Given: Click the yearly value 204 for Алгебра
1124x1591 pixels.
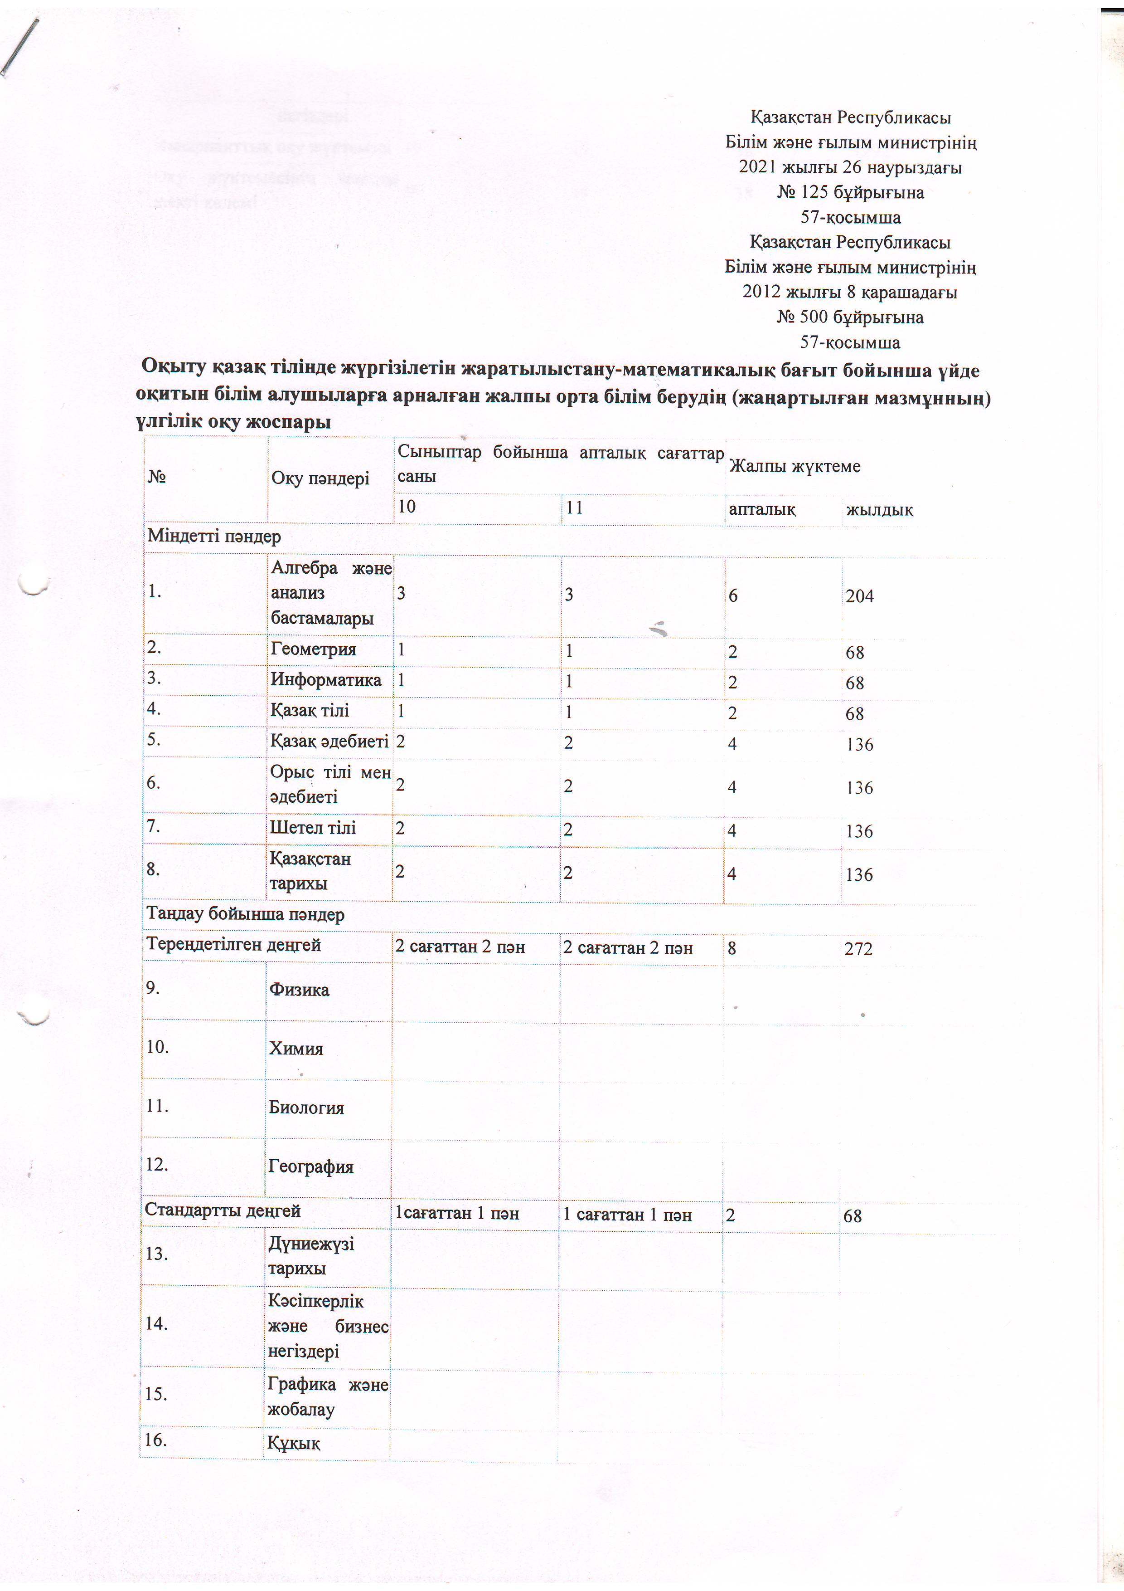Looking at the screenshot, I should click(x=859, y=596).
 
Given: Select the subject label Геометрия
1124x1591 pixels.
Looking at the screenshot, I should click(x=313, y=649).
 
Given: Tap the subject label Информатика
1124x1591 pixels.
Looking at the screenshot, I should click(x=325, y=680).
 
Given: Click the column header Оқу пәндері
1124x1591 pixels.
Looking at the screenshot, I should click(x=320, y=478).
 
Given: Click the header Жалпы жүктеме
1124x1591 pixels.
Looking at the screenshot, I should click(x=795, y=466).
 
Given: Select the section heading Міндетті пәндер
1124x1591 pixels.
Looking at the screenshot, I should click(x=214, y=537).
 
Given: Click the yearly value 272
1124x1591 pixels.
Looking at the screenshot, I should click(x=858, y=949).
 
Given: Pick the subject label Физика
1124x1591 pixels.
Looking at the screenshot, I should click(x=299, y=990).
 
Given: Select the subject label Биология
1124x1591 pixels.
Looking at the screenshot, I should click(x=306, y=1108).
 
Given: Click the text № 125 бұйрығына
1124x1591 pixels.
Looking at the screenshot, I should click(x=850, y=193).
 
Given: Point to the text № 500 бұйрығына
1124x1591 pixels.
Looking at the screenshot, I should click(x=850, y=317).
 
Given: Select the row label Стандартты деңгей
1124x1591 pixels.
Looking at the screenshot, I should click(x=222, y=1210).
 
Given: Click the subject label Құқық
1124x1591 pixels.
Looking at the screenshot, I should click(x=294, y=1444).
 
